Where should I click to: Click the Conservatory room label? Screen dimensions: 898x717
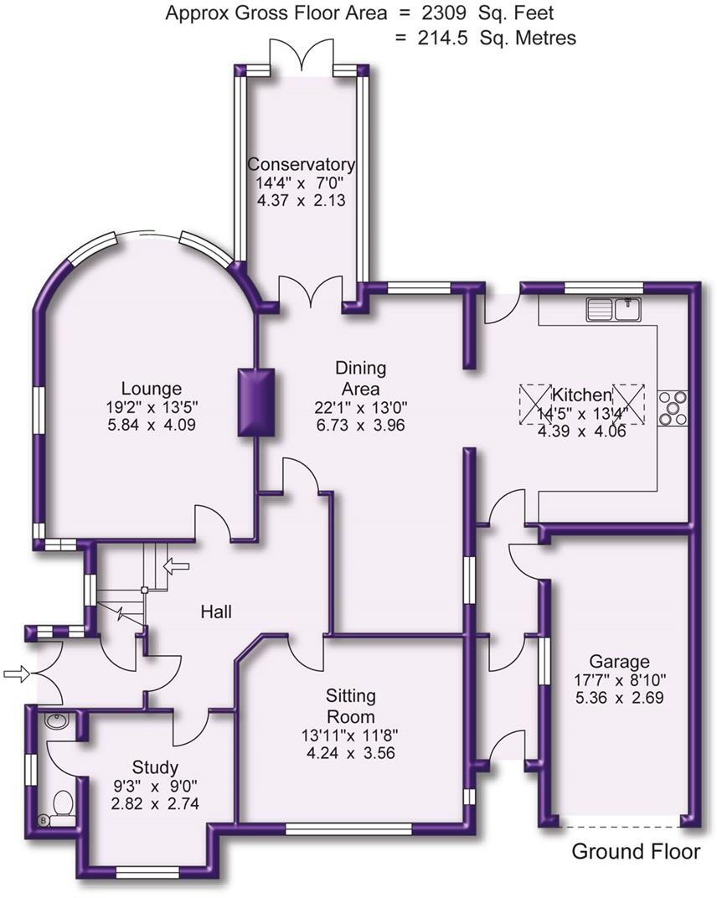pyautogui.click(x=301, y=164)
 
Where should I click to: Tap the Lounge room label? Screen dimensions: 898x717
pyautogui.click(x=152, y=389)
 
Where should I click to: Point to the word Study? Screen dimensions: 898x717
pyautogui.click(x=156, y=767)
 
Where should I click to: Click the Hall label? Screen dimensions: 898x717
pyautogui.click(x=215, y=612)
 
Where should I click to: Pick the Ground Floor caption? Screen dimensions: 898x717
pyautogui.click(x=635, y=852)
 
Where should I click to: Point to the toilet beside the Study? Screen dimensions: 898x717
pyautogui.click(x=62, y=807)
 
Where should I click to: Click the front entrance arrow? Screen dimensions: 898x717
pyautogui.click(x=16, y=672)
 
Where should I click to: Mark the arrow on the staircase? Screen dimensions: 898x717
pyautogui.click(x=177, y=567)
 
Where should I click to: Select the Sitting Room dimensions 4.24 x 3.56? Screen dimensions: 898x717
pyautogui.click(x=351, y=752)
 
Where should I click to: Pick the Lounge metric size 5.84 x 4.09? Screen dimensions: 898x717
pyautogui.click(x=152, y=425)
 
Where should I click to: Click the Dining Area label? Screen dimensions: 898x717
pyautogui.click(x=360, y=379)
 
